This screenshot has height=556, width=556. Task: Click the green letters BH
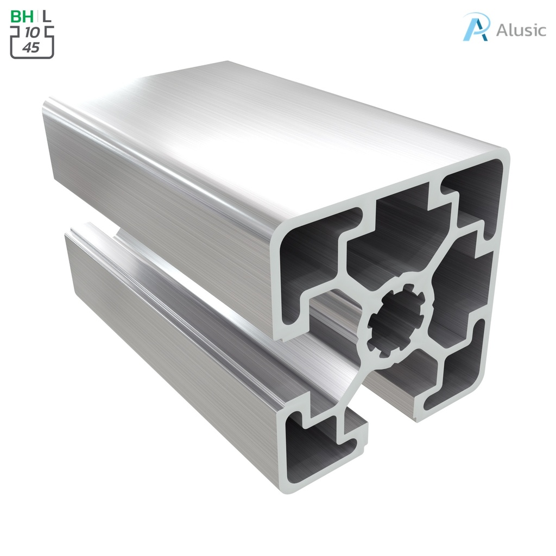[22, 16]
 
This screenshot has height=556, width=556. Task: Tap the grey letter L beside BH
[47, 16]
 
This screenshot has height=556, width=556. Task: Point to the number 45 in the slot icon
[31, 47]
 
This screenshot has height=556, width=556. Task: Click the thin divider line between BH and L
[37, 16]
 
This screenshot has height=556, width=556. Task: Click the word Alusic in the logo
[521, 30]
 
